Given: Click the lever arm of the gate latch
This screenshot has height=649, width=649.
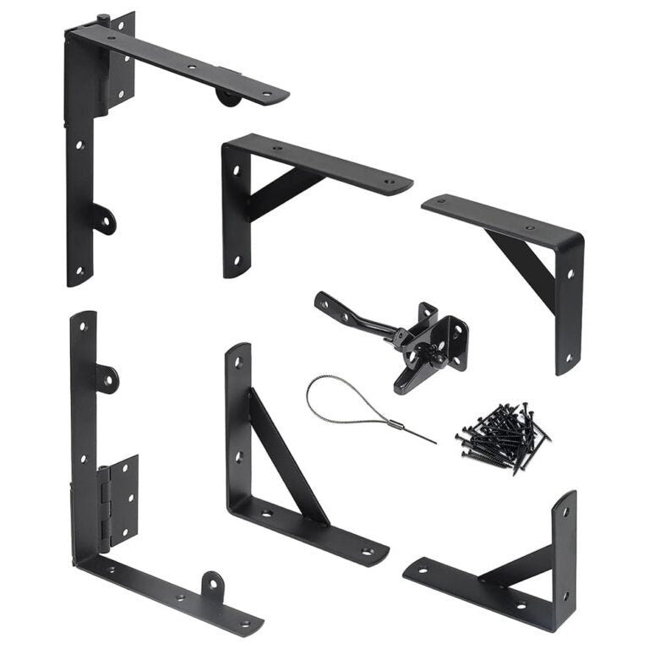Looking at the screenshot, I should click(x=355, y=316).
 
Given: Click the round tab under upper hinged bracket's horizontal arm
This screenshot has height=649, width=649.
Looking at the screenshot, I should click(x=227, y=95).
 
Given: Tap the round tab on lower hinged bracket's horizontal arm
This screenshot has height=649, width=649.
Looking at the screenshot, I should click(x=212, y=585).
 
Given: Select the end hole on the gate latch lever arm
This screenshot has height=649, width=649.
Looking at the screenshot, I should click(x=323, y=301).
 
